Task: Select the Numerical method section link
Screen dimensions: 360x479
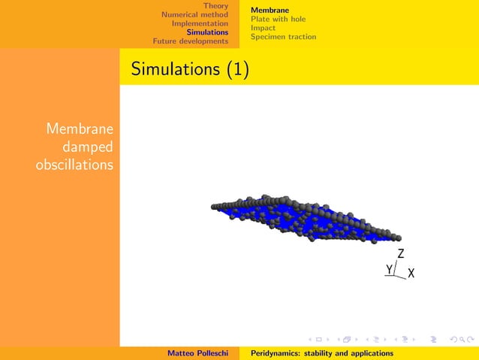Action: click(194, 14)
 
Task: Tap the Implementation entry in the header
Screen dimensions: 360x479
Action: click(199, 23)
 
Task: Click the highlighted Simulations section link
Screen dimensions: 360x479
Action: click(207, 32)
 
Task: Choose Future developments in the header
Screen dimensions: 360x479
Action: click(190, 41)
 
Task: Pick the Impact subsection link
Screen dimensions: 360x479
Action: click(263, 28)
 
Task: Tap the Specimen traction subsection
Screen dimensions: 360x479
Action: click(283, 37)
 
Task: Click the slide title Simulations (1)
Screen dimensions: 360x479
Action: click(190, 70)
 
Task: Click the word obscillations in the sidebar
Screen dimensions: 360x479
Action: click(75, 164)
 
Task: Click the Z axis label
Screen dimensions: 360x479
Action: click(401, 254)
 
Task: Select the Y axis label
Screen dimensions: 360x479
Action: click(389, 269)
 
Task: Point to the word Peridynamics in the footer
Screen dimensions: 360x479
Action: click(275, 353)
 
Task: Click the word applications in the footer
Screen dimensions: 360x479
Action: click(368, 353)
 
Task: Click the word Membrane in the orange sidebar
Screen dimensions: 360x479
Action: click(80, 129)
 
